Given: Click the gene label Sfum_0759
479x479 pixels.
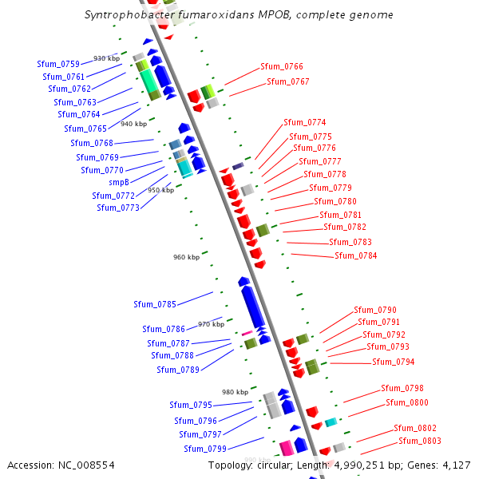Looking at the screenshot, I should pyautogui.click(x=58, y=64).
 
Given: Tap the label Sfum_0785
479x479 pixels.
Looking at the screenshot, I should pyautogui.click(x=155, y=304).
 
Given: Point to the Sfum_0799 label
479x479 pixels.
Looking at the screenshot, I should pyautogui.click(x=206, y=449).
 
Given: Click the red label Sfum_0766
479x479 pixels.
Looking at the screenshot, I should pyautogui.click(x=282, y=67).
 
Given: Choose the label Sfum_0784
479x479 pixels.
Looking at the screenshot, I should pyautogui.click(x=356, y=256).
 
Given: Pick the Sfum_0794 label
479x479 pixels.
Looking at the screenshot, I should pyautogui.click(x=394, y=362).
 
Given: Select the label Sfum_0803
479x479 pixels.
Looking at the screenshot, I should pyautogui.click(x=420, y=441).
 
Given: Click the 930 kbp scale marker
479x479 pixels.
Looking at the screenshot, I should pyautogui.click(x=106, y=59).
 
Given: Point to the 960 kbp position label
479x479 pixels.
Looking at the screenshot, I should pyautogui.click(x=186, y=257).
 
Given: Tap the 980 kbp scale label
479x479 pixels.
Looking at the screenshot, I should pyautogui.click(x=235, y=392).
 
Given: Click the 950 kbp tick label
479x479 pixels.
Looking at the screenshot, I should pyautogui.click(x=160, y=190).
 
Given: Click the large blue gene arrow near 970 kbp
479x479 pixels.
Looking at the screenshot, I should pyautogui.click(x=251, y=308).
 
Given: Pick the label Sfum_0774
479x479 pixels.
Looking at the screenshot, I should pyautogui.click(x=305, y=123).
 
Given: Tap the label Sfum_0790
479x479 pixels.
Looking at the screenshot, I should pyautogui.click(x=375, y=311).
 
